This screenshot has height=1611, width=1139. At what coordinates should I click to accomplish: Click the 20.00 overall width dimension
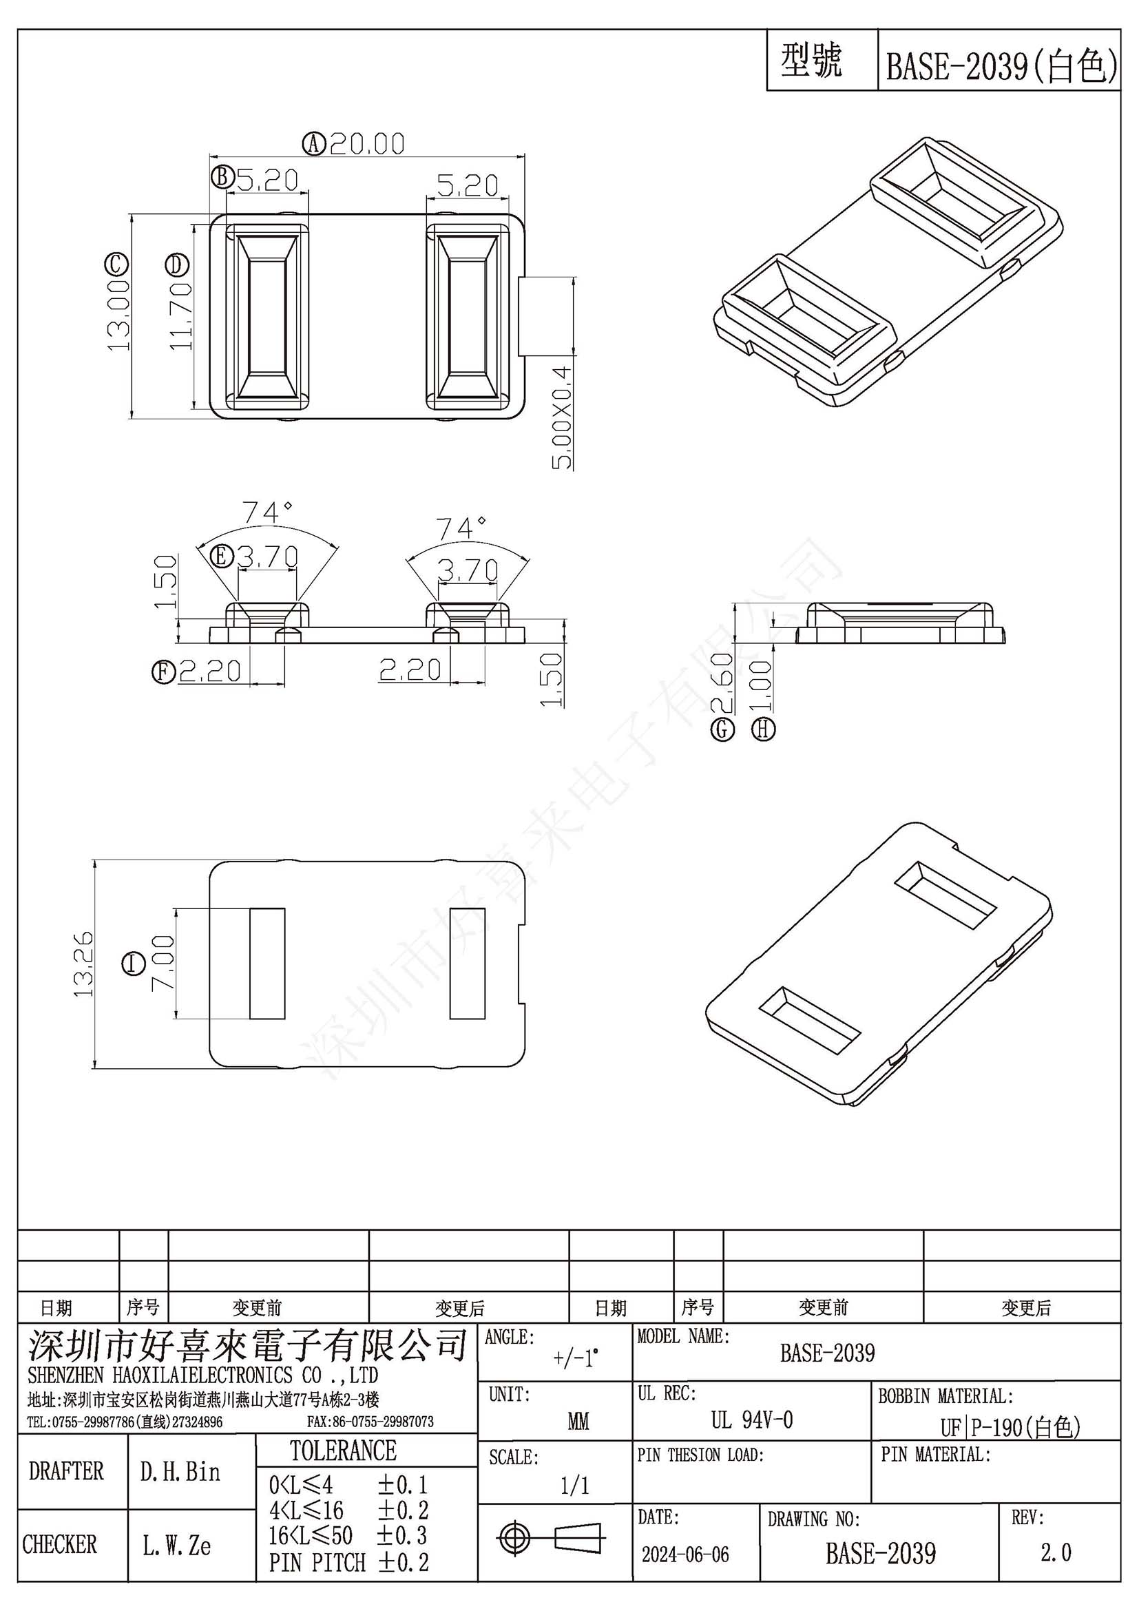pos(367,144)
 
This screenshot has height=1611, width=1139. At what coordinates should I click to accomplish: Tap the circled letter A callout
pos(314,144)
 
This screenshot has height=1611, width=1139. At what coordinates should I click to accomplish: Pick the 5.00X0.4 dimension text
pos(562,417)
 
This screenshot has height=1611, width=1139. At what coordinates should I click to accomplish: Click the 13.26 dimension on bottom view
pos(83,964)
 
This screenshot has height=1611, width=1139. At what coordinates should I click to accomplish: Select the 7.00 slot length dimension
pos(163,962)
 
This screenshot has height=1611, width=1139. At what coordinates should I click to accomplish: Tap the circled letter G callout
pos(723,730)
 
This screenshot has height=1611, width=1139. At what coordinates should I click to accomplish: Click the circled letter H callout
pos(764,729)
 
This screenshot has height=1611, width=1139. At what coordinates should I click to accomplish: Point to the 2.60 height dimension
pos(722,682)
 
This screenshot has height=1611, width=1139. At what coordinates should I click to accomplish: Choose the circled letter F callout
pos(163,672)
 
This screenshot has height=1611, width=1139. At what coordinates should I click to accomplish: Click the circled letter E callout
pos(222,557)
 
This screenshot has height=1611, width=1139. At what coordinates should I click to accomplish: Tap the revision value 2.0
pos(1056,1552)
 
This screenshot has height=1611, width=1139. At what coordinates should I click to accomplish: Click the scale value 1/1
pos(575,1486)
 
